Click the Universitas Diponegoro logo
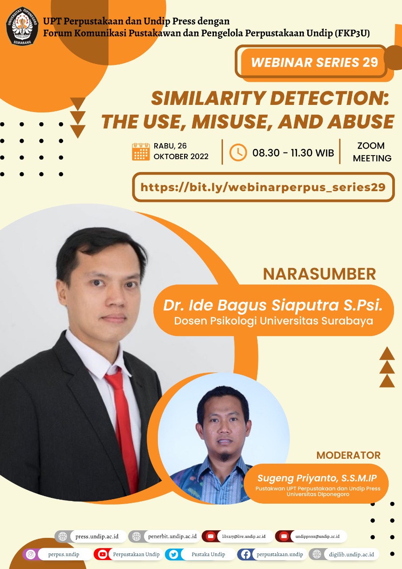tap(22, 26)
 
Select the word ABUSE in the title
tap(361, 121)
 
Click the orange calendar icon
tap(141, 152)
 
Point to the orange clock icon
tap(238, 152)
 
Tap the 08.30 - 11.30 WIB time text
tap(293, 153)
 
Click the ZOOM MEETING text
tap(372, 152)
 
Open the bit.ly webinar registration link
tap(263, 187)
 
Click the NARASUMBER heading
tap(319, 274)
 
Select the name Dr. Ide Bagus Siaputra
tap(251, 305)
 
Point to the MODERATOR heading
tap(348, 456)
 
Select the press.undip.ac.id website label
tap(97, 537)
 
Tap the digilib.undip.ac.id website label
tap(351, 554)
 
